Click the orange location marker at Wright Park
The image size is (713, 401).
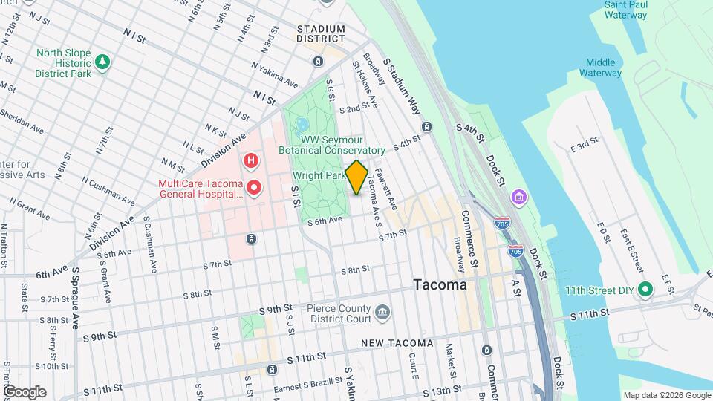click(356, 177)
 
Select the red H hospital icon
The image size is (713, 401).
click(251, 160)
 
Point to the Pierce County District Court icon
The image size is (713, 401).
click(382, 310)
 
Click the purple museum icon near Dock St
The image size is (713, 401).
click(519, 198)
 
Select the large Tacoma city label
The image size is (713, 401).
click(440, 285)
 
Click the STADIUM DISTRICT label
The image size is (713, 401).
click(321, 33)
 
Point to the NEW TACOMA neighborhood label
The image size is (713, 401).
click(397, 343)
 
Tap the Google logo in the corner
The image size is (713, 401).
click(25, 391)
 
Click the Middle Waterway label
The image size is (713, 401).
click(603, 68)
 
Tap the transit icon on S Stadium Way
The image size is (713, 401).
click(426, 126)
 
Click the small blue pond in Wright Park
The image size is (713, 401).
click(302, 125)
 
